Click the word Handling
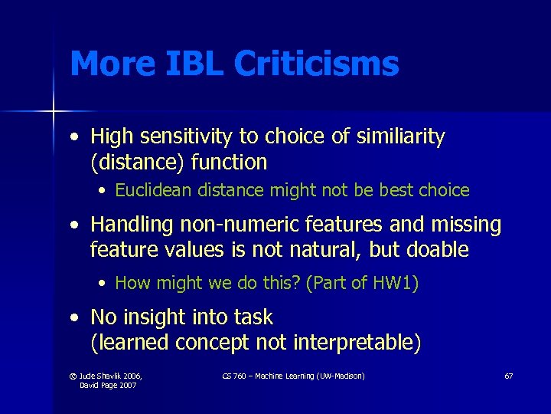(x=132, y=225)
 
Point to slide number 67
(x=508, y=376)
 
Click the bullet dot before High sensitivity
(x=74, y=138)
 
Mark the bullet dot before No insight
(x=74, y=318)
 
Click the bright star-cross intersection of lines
(x=53, y=112)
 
